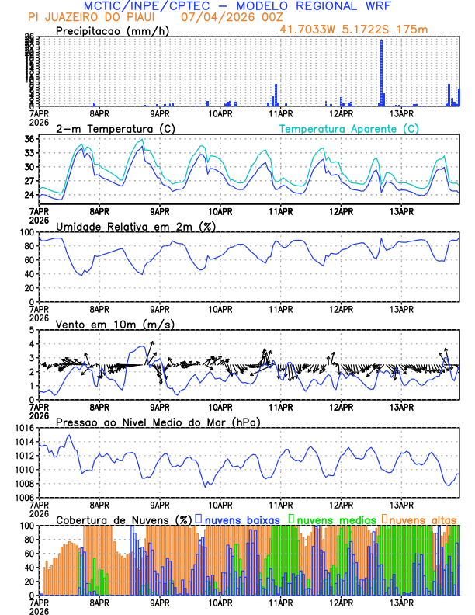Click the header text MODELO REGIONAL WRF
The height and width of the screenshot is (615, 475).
tap(338, 5)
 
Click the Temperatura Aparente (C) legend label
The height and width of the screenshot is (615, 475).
tap(348, 128)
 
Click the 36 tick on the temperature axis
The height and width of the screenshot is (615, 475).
tap(28, 139)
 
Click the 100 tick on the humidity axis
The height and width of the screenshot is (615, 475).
tap(26, 232)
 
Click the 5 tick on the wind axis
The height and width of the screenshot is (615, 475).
tap(31, 330)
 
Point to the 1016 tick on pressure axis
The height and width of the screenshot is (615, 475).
tap(23, 428)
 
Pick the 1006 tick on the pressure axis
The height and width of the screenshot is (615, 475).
tap(23, 497)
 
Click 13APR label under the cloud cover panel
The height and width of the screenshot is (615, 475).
tap(401, 602)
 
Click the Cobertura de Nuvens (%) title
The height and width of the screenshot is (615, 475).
tap(123, 519)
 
